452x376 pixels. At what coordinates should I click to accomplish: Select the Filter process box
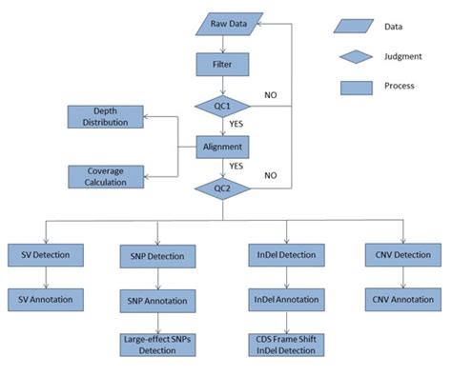click(222, 65)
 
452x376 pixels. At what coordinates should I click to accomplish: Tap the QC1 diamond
click(222, 107)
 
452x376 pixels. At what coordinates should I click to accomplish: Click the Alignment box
click(222, 148)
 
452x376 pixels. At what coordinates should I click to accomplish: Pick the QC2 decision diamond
click(222, 188)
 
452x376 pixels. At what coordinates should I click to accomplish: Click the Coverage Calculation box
click(105, 176)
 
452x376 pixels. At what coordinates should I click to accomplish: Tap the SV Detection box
click(46, 255)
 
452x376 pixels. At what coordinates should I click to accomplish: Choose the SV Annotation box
click(46, 298)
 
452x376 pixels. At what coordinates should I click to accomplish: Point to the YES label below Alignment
click(235, 167)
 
